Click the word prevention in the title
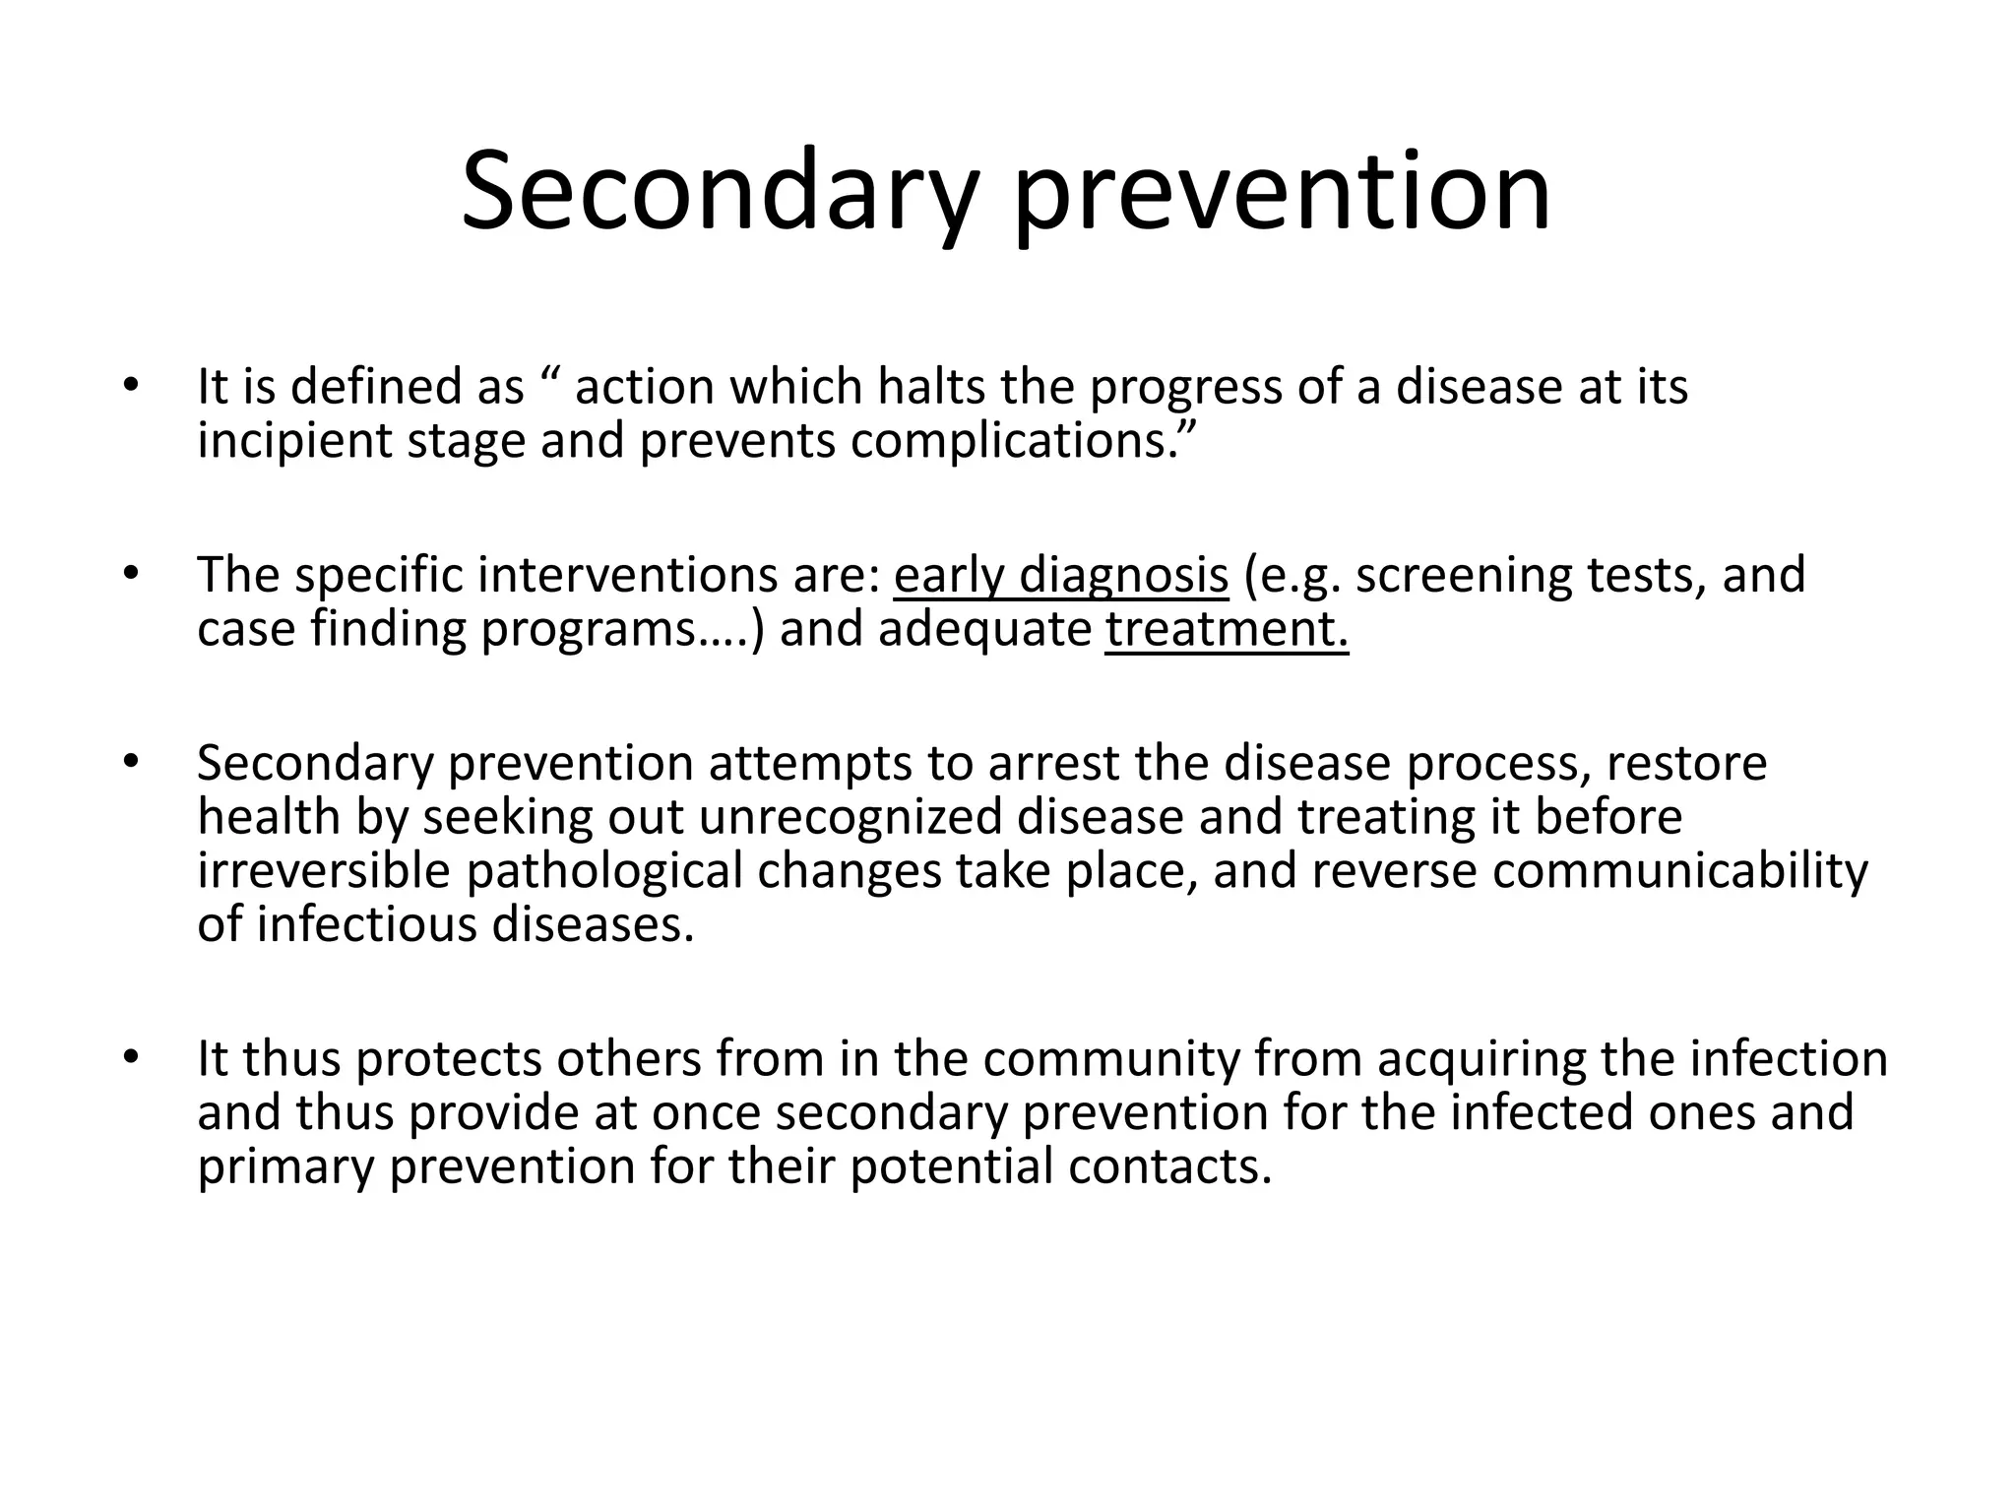click(x=1282, y=192)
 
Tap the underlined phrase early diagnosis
click(x=1061, y=575)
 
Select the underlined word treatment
click(x=1226, y=629)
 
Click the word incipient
click(x=293, y=440)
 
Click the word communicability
click(x=1679, y=871)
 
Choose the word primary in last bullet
click(x=285, y=1166)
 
